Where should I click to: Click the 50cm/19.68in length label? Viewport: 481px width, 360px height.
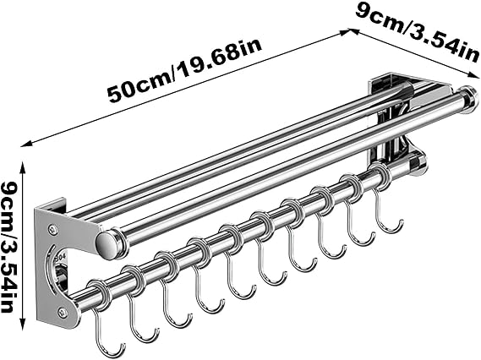184,69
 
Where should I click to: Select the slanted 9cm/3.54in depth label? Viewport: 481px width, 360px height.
418,32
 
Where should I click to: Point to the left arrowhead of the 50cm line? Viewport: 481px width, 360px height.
25,144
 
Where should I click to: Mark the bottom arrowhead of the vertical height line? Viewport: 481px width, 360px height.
22,324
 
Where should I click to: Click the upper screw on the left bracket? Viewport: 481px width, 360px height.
52,228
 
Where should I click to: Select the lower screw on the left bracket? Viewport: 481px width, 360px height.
63,312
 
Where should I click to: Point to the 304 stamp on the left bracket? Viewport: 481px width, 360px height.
58,259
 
